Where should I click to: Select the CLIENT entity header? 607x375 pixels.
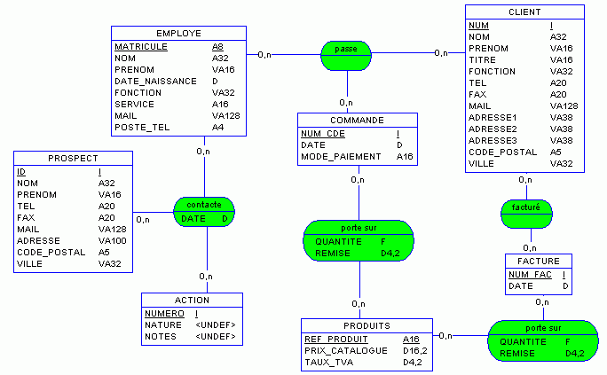[524, 12]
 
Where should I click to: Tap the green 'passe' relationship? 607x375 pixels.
[346, 50]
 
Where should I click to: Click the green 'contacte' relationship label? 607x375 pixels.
[204, 205]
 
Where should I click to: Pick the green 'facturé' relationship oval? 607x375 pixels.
[525, 207]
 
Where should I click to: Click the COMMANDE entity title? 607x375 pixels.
[357, 120]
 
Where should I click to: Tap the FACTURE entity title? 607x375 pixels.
[539, 262]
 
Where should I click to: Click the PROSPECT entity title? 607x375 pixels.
[73, 159]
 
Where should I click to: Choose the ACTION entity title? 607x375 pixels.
[191, 300]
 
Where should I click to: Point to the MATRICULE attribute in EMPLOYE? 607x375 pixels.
[140, 46]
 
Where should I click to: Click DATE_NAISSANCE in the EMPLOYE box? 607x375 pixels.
[155, 81]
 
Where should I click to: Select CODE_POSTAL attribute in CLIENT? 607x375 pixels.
[502, 152]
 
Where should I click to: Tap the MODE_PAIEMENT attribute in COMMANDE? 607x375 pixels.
[341, 157]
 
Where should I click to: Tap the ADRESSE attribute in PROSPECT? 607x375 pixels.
[38, 240]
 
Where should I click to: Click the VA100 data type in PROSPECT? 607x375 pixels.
[113, 240]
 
